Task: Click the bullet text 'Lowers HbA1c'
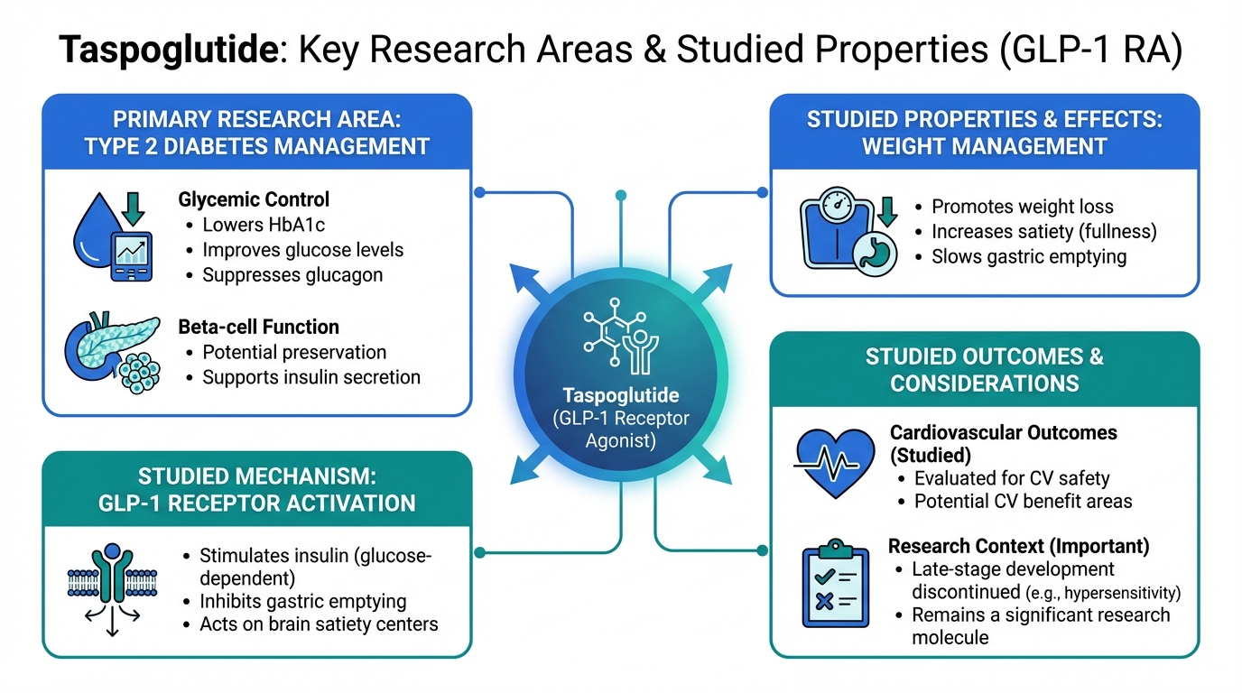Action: point(260,225)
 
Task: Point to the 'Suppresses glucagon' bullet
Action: point(292,274)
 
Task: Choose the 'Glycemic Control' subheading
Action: point(254,199)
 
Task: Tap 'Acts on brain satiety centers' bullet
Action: point(319,624)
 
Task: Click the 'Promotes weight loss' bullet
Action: point(1022,207)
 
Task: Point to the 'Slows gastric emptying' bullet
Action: point(1029,256)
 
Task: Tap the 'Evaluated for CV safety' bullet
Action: point(1012,478)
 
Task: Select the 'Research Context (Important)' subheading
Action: point(1019,546)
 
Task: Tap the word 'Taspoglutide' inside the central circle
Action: point(620,395)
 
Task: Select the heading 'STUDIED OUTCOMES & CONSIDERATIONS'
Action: point(984,369)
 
